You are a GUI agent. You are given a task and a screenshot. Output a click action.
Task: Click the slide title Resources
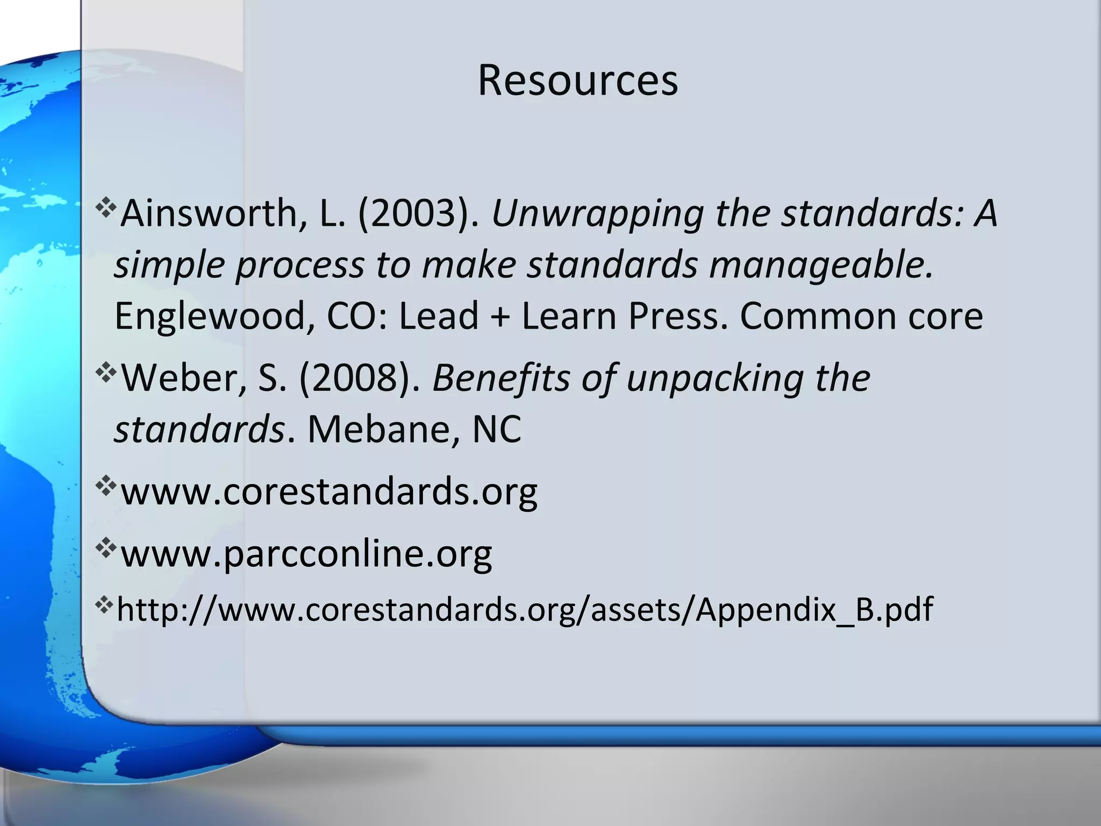point(577,81)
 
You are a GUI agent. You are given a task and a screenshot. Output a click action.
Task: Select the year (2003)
point(418,214)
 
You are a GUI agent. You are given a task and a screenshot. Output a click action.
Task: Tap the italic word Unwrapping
point(597,214)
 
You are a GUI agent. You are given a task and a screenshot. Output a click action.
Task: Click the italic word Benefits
point(501,378)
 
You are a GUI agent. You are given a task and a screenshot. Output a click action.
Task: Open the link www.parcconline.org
point(306,553)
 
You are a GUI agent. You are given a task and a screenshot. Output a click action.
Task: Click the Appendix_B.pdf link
point(525,609)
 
